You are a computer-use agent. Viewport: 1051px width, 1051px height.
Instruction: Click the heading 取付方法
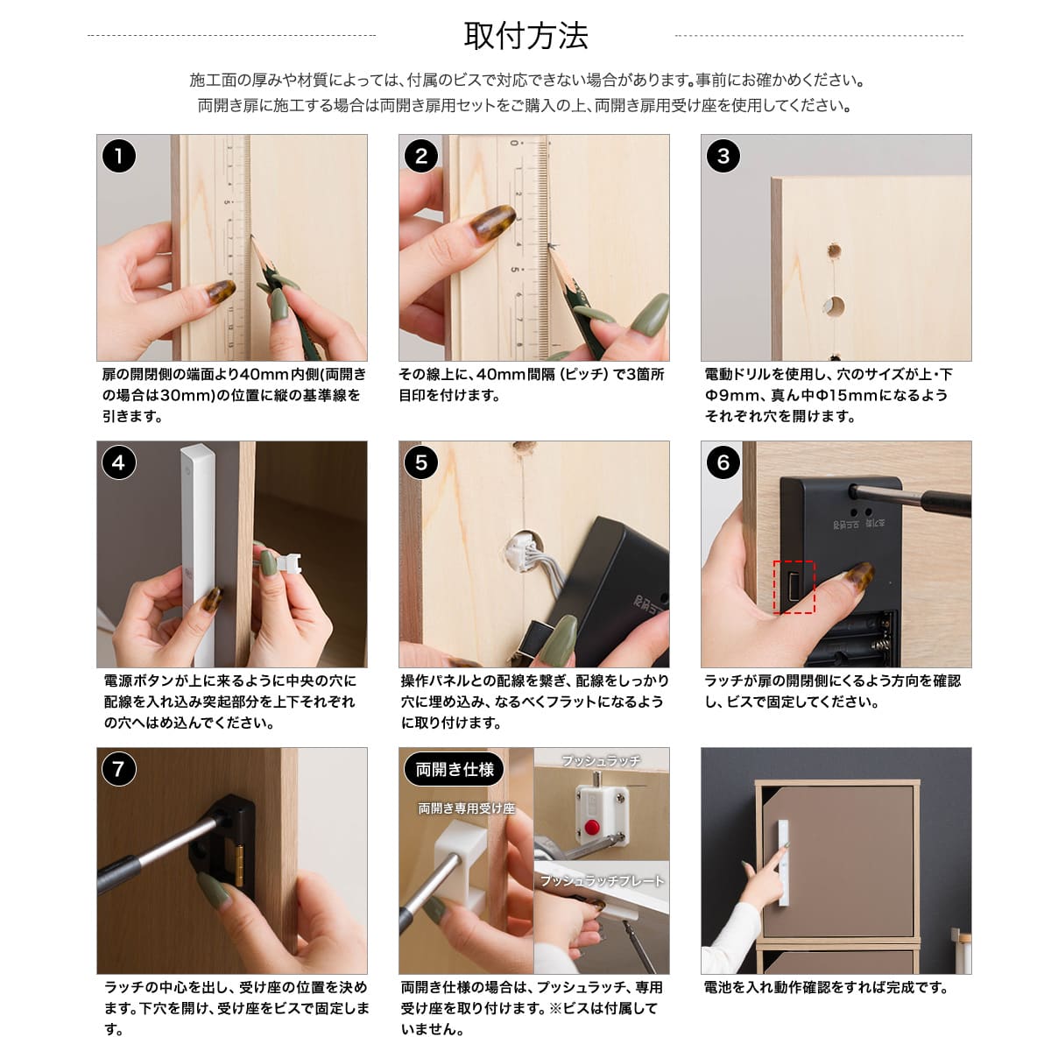tap(525, 36)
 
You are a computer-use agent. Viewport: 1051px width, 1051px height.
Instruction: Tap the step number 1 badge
tap(119, 156)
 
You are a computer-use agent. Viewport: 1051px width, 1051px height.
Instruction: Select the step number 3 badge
tap(723, 156)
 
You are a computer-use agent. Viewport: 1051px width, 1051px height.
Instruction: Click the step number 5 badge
tap(421, 462)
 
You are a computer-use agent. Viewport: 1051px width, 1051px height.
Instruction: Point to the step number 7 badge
tap(119, 769)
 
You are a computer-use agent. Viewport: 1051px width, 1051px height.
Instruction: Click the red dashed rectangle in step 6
tap(794, 587)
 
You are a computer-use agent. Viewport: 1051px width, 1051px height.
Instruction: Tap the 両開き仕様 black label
tap(455, 769)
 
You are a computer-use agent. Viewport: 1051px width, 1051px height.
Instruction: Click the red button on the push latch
tap(592, 827)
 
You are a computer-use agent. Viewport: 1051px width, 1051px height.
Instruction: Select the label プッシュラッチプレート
tap(602, 880)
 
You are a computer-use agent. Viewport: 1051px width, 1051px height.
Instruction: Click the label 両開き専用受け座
tap(466, 808)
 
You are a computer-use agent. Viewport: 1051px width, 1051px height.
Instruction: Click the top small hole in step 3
tap(834, 251)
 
